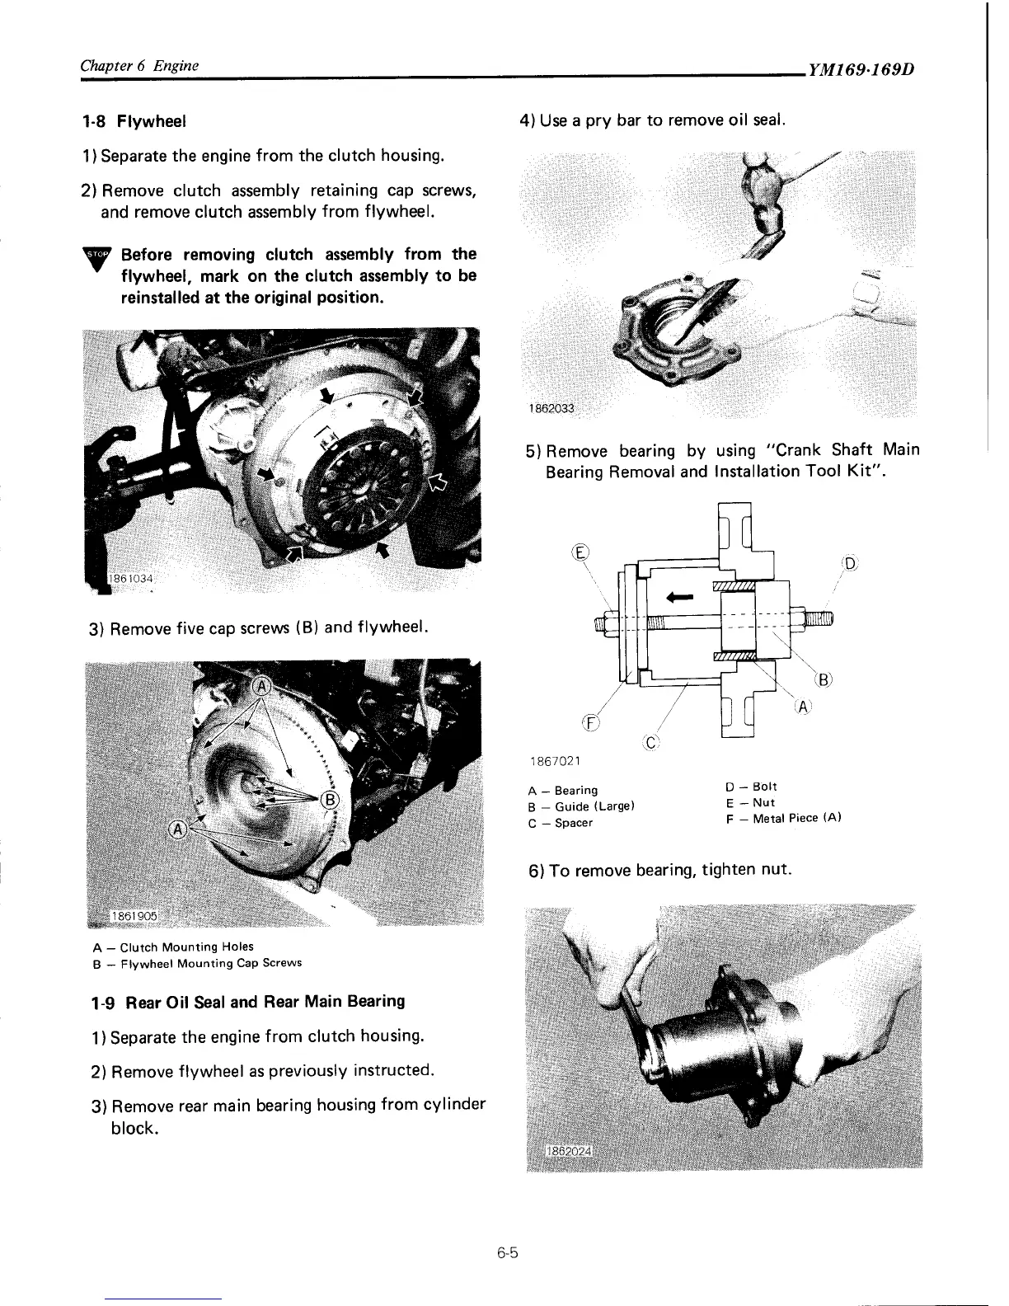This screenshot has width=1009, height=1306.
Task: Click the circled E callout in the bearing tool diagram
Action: click(581, 552)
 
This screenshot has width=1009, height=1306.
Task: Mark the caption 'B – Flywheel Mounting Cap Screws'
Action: click(198, 962)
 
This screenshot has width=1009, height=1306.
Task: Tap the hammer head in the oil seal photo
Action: click(760, 194)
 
